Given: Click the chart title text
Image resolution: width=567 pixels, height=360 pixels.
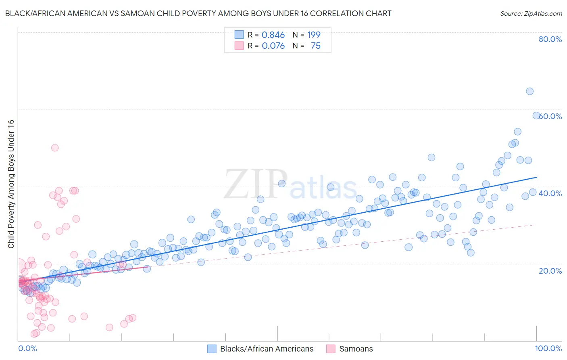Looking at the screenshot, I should (198, 13).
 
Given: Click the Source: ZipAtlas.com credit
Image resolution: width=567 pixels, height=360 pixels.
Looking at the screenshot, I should (531, 13).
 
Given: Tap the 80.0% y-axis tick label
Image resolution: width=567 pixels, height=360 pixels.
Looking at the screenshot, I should (550, 39).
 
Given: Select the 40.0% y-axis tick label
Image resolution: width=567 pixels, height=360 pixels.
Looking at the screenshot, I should (550, 193).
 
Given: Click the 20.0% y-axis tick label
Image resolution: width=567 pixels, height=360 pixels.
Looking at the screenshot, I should (550, 270).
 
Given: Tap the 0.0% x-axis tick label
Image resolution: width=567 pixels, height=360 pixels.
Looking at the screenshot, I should (27, 348).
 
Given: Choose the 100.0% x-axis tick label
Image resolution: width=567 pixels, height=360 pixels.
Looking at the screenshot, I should (548, 348).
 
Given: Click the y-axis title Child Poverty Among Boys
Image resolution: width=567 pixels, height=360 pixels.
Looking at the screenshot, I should (11, 184).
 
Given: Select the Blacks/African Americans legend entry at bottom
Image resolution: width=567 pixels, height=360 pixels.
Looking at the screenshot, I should (267, 349).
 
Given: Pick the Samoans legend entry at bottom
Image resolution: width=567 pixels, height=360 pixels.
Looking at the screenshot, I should (356, 349).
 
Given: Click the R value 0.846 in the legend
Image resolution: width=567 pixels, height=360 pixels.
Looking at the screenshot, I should (273, 35).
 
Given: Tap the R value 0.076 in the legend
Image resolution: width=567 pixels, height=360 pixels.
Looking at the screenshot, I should (273, 46).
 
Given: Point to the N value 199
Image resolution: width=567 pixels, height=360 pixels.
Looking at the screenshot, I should (314, 35).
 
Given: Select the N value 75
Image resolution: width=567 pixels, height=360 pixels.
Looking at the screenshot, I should (315, 46).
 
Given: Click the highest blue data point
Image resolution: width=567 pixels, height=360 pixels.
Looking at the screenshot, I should (529, 91).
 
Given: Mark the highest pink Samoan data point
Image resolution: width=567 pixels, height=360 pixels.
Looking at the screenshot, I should (55, 148).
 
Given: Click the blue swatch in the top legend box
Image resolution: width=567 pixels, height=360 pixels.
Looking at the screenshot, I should (239, 35).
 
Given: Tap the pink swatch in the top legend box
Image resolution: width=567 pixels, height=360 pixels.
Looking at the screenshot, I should (239, 46).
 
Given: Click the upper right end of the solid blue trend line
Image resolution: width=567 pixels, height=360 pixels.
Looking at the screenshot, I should (536, 177).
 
